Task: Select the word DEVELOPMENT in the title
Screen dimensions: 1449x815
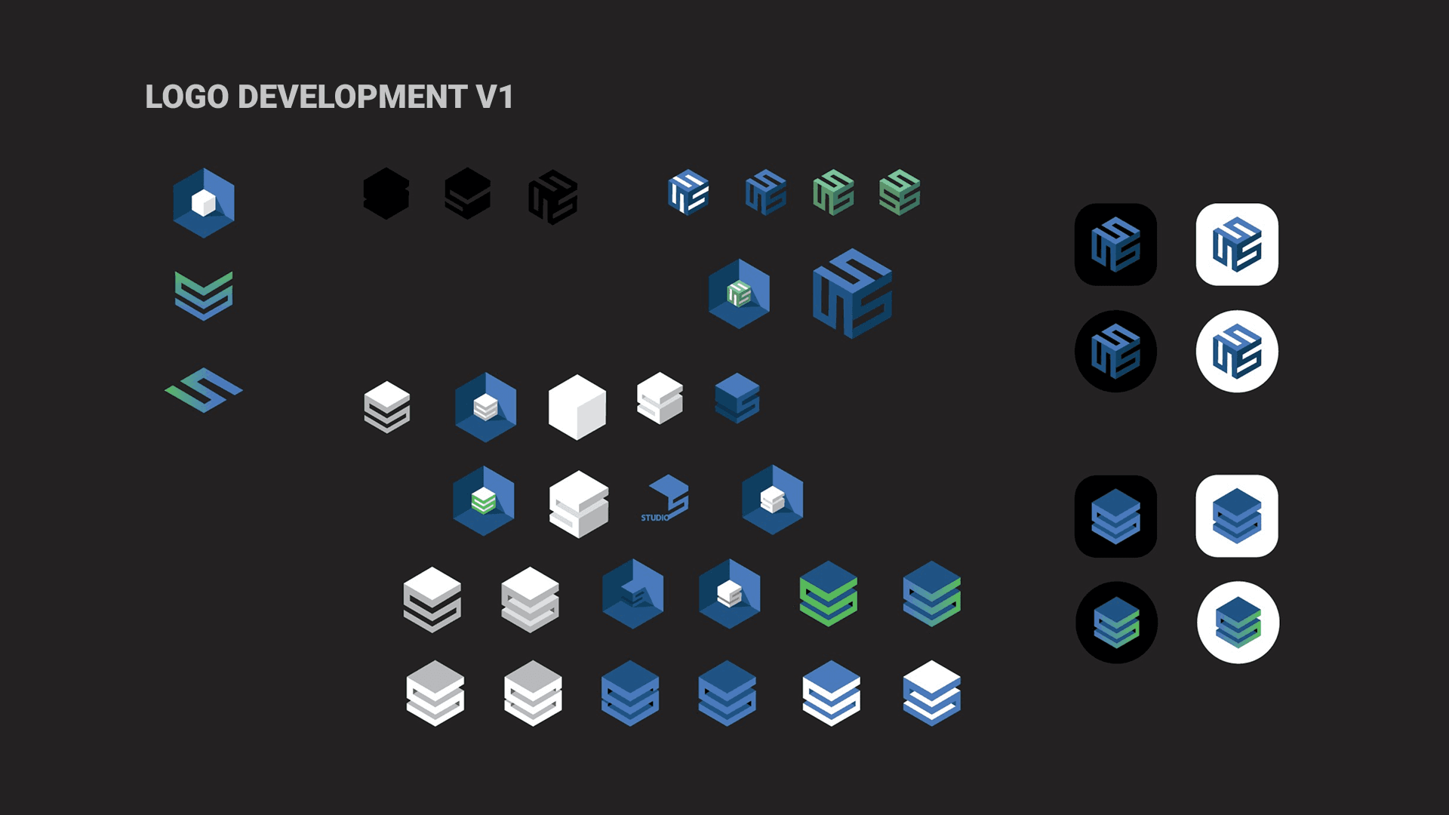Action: tap(352, 97)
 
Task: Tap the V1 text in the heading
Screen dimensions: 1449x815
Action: tap(494, 97)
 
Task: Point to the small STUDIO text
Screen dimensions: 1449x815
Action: tap(654, 518)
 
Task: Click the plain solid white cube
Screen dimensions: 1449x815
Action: tap(577, 407)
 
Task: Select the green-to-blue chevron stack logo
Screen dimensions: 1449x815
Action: tap(204, 295)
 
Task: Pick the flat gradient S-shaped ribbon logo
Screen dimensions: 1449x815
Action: tap(204, 390)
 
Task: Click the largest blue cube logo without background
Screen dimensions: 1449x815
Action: tap(852, 294)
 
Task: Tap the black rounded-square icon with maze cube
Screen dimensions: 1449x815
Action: tap(1115, 244)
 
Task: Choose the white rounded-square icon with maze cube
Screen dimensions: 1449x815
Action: tap(1237, 244)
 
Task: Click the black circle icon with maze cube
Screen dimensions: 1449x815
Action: tap(1115, 352)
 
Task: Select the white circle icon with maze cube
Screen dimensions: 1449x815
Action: tap(1237, 352)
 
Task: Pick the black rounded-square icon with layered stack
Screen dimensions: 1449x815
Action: tap(1115, 516)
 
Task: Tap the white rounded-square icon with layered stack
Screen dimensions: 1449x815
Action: tap(1237, 516)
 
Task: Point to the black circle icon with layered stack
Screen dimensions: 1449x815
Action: tap(1116, 623)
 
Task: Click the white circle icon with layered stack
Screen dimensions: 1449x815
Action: tap(1238, 623)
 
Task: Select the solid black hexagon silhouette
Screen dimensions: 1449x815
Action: tap(386, 194)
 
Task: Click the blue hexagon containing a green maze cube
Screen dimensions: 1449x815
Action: tap(739, 294)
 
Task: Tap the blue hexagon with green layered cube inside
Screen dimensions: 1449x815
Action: tap(484, 500)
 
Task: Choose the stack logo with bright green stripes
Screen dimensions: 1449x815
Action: tap(829, 594)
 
